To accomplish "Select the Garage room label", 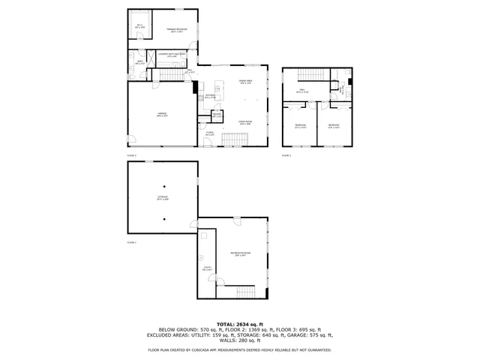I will [161, 115].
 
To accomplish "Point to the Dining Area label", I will [244, 83].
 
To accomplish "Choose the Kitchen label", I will [211, 97].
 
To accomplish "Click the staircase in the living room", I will [238, 140].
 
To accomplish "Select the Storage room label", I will [163, 198].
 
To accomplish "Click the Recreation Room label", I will [240, 256].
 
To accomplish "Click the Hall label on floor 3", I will [301, 93].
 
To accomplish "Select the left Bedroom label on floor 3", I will [299, 125].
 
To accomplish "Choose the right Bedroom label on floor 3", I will [333, 125].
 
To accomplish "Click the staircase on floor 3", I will [308, 74].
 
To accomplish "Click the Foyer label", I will [211, 133].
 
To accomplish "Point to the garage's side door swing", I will [132, 140].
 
